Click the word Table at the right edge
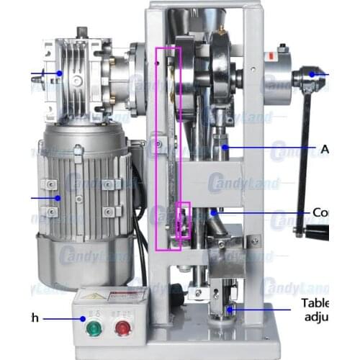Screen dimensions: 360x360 click(x=315, y=303)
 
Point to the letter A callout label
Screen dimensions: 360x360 click(x=325, y=149)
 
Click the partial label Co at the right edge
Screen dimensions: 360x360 click(x=321, y=213)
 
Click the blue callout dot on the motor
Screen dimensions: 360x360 click(x=55, y=197)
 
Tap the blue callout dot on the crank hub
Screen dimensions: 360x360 click(x=312, y=73)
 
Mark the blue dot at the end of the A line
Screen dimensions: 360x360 click(x=225, y=148)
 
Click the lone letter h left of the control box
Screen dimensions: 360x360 click(x=33, y=317)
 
